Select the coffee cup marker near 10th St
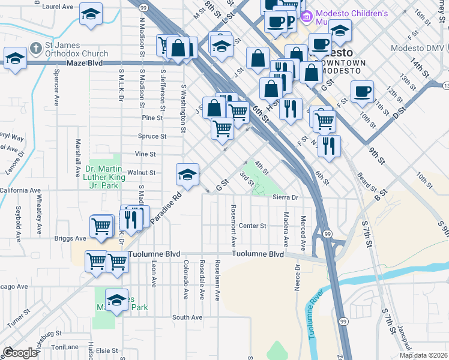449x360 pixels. coord(362,92)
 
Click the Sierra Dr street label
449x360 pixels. coord(285,197)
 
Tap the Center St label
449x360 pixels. coord(252,226)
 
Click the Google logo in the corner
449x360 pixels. coord(20,353)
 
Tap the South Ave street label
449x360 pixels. coord(184,317)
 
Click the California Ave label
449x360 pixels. coord(21,190)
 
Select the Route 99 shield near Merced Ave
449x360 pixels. coord(327,233)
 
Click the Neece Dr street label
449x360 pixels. coord(297,277)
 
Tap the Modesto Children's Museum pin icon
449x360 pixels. coord(307,15)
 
